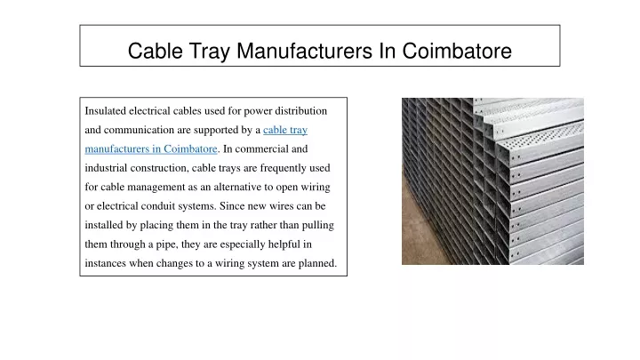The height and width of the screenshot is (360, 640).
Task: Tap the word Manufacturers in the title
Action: [305, 51]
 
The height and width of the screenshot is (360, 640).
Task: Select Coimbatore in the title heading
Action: [457, 51]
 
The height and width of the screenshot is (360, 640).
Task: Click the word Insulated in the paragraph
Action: [105, 111]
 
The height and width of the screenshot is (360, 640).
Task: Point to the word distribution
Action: [300, 111]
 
